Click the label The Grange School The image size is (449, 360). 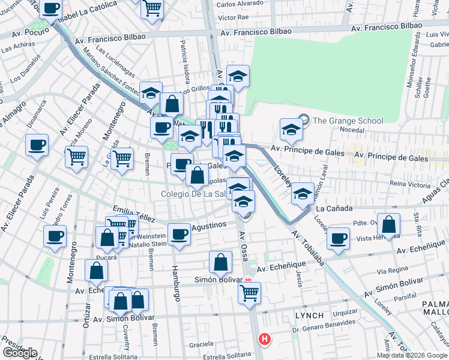pos(348,121)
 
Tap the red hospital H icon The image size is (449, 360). pos(264,340)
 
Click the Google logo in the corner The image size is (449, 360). pos(20,352)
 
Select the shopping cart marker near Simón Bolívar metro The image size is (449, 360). pos(249,293)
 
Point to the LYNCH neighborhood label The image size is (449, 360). pos(309,315)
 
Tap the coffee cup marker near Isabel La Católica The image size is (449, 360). pos(52,9)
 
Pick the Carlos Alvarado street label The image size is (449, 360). pos(238,4)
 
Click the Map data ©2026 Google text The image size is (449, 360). pos(411,355)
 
